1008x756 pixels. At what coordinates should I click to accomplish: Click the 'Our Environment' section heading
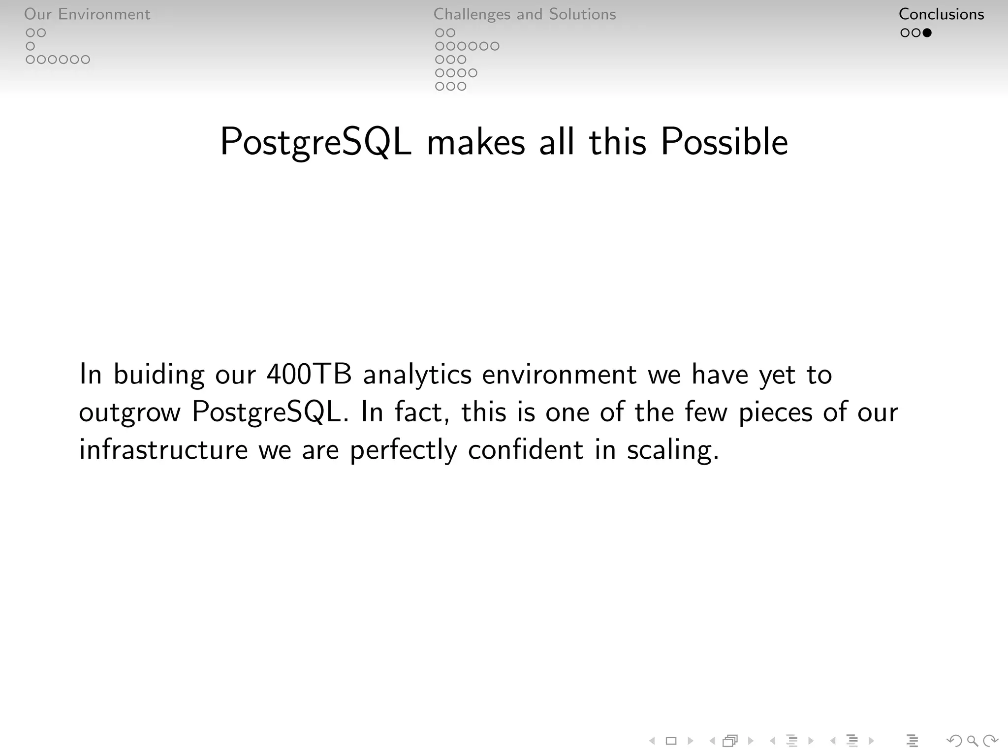[x=87, y=14]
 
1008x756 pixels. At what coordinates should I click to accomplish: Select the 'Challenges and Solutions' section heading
[x=524, y=14]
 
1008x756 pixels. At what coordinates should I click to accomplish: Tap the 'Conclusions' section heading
[x=941, y=14]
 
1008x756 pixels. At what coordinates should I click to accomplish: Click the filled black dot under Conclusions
[x=927, y=33]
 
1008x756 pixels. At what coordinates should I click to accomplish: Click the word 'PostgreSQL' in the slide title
[x=315, y=143]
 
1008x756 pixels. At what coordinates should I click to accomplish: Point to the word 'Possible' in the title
[x=724, y=142]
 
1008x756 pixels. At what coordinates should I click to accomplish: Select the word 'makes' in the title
[x=476, y=143]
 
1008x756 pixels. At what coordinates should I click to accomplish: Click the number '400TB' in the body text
[x=309, y=375]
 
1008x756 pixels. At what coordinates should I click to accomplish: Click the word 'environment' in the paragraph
[x=559, y=375]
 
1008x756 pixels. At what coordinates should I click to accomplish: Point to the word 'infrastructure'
[x=163, y=450]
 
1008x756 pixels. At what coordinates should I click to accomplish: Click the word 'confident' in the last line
[x=525, y=450]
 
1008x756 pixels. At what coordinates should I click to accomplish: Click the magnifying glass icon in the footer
[x=972, y=740]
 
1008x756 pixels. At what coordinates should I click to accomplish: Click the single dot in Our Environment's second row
[x=31, y=46]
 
